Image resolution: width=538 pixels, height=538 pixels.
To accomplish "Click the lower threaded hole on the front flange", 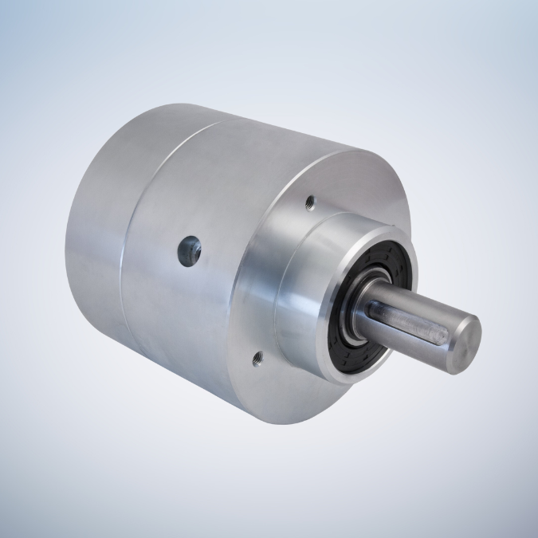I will pyautogui.click(x=256, y=359).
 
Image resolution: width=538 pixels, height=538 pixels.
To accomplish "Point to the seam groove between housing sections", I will pyautogui.click(x=135, y=239).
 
